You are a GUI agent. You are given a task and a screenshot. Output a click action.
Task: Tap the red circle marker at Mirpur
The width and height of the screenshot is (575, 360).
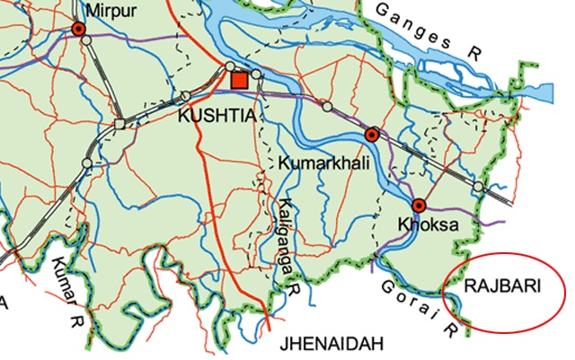coord(79,30)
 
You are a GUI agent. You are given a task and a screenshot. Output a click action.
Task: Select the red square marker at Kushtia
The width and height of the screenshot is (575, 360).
coord(239,82)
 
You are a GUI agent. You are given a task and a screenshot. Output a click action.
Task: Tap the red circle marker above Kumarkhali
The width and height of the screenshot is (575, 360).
coord(371,135)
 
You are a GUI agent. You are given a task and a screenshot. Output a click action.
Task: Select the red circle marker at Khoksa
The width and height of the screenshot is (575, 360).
coord(418,205)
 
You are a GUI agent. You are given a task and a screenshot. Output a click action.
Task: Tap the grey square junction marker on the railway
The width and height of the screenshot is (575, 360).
coord(119,123)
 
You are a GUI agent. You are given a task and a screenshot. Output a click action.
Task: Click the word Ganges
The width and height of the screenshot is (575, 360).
coord(419,25)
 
